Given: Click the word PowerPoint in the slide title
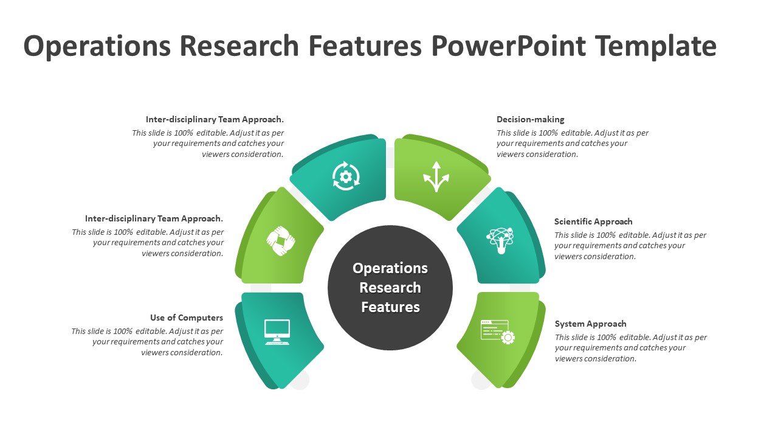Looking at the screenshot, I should coord(508,46).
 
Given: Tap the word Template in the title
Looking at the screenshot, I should coord(656,46).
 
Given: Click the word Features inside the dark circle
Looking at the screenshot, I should coord(390,307).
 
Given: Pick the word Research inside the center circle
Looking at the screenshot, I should coord(390,288).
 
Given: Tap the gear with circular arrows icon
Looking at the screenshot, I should coord(346,176).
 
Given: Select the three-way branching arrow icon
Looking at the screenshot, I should coord(436,176).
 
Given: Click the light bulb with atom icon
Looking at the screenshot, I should coord(501,240).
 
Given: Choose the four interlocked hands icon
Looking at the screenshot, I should coord(281,241).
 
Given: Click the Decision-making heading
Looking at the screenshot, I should coord(530,120).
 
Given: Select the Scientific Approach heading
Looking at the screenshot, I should coord(593,222).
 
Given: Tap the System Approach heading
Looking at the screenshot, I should coord(590,324).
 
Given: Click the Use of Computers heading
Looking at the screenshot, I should coord(187,318).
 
